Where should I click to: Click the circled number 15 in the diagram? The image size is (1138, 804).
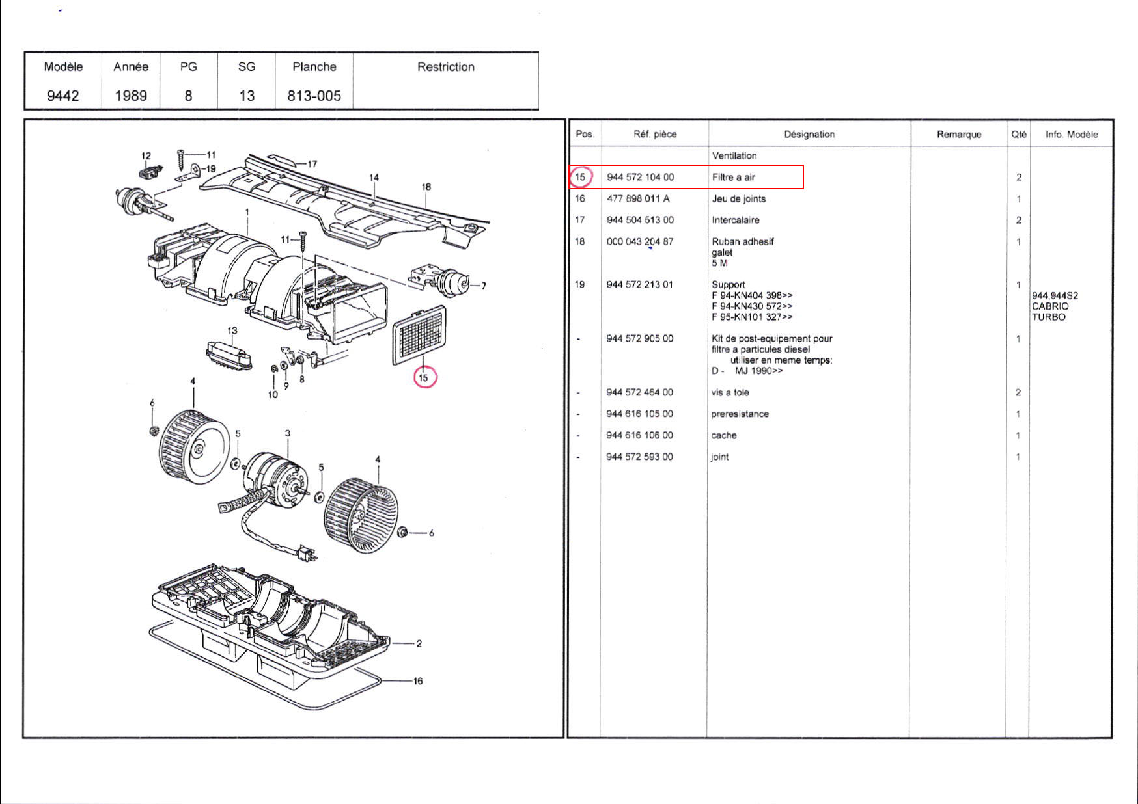point(424,377)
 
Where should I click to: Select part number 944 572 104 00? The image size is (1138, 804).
point(640,177)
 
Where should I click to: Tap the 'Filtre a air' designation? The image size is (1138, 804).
point(733,177)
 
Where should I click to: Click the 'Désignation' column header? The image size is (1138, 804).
point(809,134)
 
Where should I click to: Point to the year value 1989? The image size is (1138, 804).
point(131,96)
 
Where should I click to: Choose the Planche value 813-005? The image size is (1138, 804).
point(314,96)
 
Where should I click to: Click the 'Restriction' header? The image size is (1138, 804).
point(445,66)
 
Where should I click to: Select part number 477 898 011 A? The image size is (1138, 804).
point(637,198)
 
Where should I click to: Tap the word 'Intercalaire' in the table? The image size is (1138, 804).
point(735,220)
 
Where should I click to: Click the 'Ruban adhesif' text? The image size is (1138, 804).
point(742,241)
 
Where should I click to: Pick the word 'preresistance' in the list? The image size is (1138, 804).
point(740,414)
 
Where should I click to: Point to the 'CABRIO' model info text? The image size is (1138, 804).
point(1049,306)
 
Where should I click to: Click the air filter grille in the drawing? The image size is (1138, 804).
point(420,336)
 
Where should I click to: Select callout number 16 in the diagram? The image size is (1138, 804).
point(417,681)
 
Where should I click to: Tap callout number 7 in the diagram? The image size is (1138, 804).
point(484,286)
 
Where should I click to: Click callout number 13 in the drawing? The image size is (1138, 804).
point(232,330)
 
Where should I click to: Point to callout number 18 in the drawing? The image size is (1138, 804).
point(426,187)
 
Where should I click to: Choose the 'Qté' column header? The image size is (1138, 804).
point(1018,134)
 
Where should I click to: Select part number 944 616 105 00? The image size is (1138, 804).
point(639,414)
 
